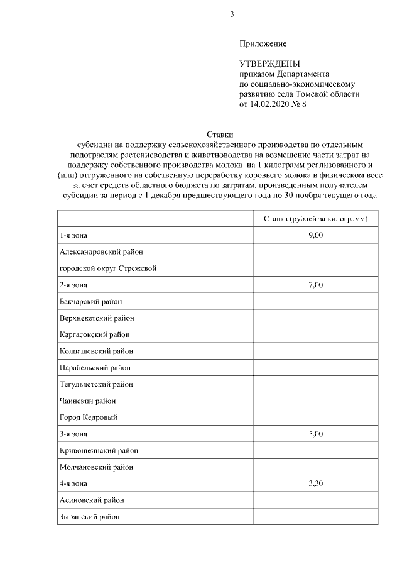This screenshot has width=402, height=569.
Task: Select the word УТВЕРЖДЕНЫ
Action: coord(269,64)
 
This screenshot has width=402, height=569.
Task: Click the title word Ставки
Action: coord(220,134)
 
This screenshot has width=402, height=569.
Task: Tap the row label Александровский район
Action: coord(101,251)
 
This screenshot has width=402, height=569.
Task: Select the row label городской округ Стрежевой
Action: coord(107,268)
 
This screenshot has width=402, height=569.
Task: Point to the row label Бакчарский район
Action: coord(90,301)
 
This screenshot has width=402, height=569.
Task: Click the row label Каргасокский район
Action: coord(95,334)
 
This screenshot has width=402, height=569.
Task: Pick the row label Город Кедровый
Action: coord(89,417)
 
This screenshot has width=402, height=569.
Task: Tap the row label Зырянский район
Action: coord(89,517)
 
